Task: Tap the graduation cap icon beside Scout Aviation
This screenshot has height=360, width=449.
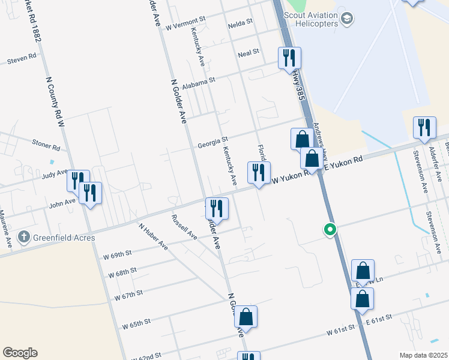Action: (346, 19)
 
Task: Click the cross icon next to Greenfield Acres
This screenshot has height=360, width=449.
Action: (24, 238)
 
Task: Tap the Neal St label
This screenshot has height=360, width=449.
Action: (248, 52)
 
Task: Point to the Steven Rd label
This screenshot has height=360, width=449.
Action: (22, 60)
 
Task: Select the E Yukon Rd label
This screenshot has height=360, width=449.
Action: (344, 164)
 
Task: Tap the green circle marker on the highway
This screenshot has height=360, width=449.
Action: (329, 229)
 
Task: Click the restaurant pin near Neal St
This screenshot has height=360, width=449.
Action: (289, 58)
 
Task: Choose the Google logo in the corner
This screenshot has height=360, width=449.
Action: (20, 353)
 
